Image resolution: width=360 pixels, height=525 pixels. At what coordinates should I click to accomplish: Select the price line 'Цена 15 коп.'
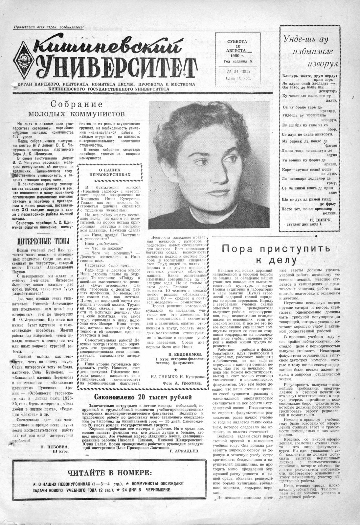pos(236,78)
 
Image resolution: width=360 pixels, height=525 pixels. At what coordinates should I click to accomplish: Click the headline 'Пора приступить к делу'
pos(271,254)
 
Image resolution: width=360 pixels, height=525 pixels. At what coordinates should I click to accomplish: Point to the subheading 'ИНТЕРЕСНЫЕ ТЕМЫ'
pos(43,241)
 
